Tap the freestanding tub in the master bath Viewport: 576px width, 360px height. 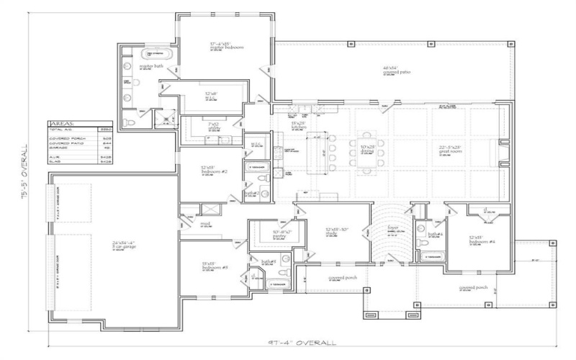click(157, 54)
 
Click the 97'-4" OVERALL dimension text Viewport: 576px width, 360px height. click(302, 343)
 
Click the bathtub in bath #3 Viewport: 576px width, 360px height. click(277, 284)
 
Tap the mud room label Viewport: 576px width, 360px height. click(206, 224)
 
